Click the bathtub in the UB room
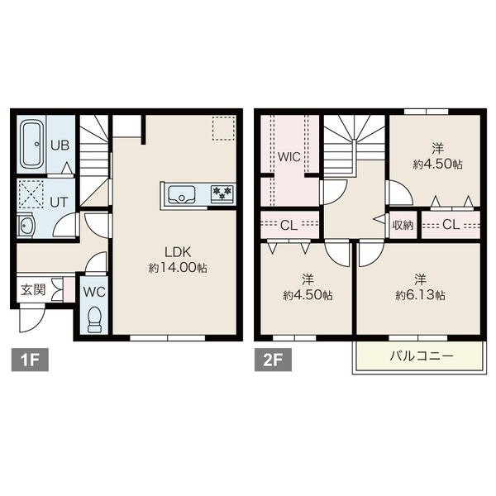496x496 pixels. coord(31,145)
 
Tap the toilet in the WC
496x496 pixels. coord(94,319)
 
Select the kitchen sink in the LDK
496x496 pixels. coord(182,194)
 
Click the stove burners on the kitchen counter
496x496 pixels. coord(222,193)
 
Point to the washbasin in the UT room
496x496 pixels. coord(26,224)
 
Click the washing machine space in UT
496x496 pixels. coord(31,194)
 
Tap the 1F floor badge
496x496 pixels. coord(30,360)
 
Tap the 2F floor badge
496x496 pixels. coord(273,360)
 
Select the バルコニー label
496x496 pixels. coord(422,356)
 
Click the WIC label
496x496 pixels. coord(289,157)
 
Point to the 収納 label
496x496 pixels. coord(403,225)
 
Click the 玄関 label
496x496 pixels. coord(33,289)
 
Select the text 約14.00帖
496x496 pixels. coord(178,268)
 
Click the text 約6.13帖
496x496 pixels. coord(421,295)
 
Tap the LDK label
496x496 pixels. coord(178,252)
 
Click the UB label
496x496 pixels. coord(60,145)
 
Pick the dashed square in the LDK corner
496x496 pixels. coord(224,128)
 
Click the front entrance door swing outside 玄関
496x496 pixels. coord(31,318)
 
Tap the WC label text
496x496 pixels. coord(94,292)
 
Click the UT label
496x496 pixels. coord(59,203)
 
